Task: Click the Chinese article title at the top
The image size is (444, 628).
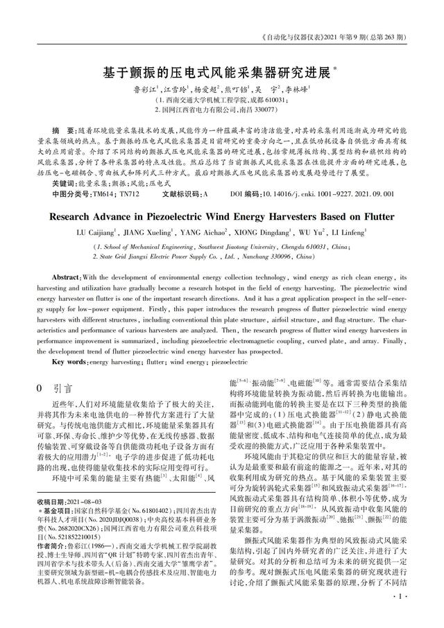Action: point(220,71)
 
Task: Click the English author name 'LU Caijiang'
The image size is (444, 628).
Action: point(96,232)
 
